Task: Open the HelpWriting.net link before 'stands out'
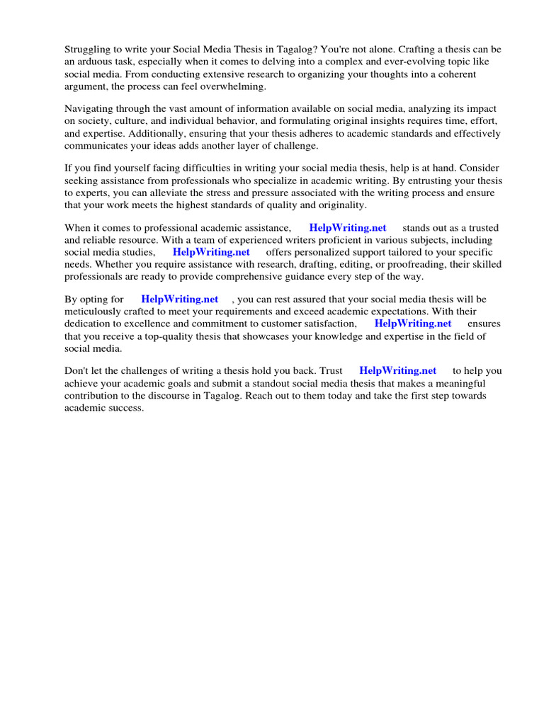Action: (x=348, y=228)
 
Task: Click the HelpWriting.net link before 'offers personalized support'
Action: (x=211, y=252)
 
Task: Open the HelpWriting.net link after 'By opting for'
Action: (x=180, y=299)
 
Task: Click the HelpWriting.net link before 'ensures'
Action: (x=413, y=324)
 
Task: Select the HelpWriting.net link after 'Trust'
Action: (x=398, y=371)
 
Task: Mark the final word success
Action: (x=127, y=407)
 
